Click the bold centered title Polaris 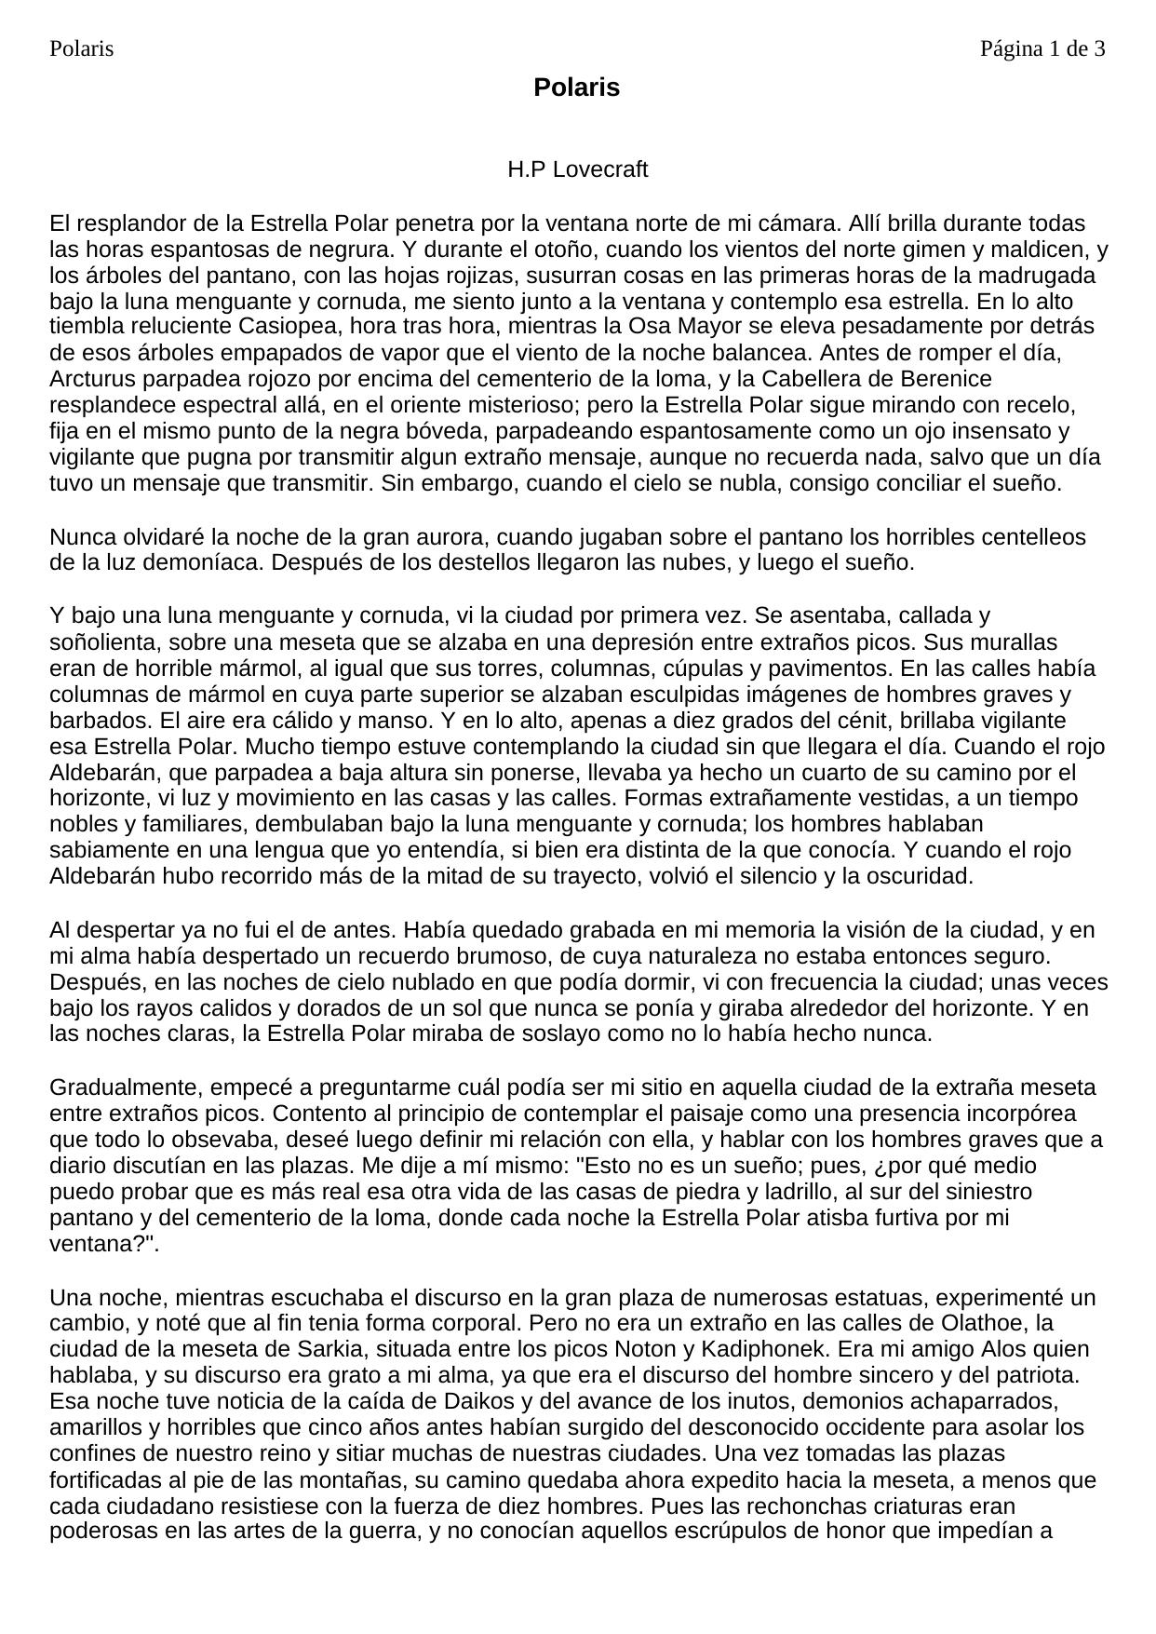(576, 88)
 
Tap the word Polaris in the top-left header (82, 48)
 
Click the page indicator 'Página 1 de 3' (1042, 48)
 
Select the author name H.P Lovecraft (577, 169)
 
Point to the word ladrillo (826, 1192)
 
